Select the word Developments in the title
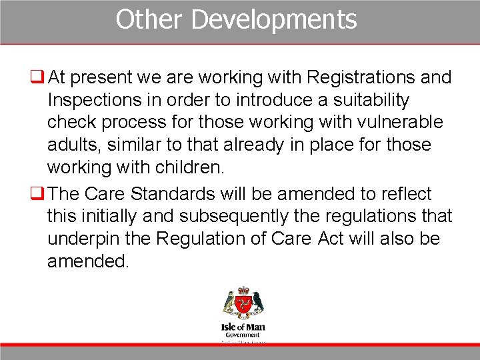click(x=274, y=19)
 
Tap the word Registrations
click(x=361, y=77)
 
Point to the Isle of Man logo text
click(x=243, y=327)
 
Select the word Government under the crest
click(x=243, y=335)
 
